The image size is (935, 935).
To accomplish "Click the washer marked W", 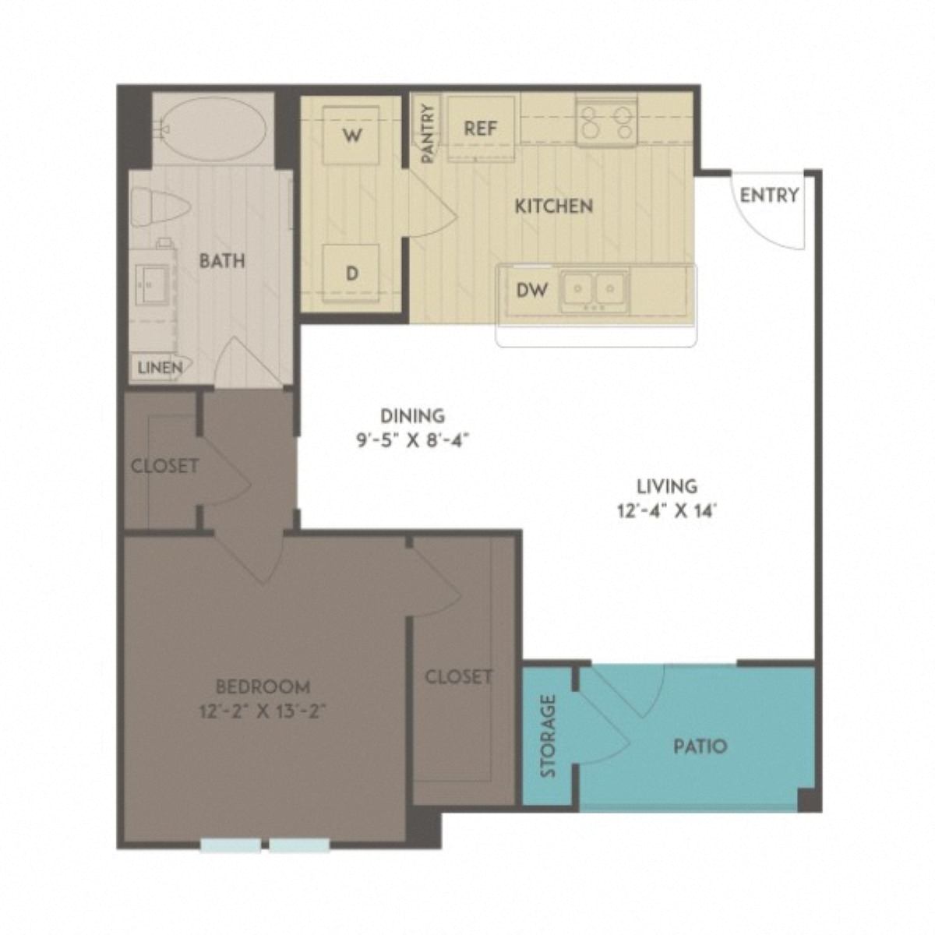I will point(351,136).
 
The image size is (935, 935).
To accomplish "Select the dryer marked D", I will point(351,273).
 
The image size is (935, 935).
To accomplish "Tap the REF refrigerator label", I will point(480,129).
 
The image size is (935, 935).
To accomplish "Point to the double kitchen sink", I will point(595,290).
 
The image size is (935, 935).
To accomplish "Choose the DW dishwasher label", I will point(532,290).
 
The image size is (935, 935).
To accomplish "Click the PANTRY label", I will point(428,133).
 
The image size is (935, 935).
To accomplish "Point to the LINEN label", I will point(160,367).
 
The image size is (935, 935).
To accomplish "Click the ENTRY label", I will point(769,195).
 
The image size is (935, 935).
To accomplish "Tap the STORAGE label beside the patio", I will point(549,736).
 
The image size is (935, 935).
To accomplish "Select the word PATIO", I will point(700,746).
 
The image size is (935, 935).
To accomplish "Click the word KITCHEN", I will point(554,206).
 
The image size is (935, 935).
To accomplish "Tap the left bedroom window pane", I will point(231,845).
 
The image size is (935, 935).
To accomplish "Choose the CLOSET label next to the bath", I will point(164,466).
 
